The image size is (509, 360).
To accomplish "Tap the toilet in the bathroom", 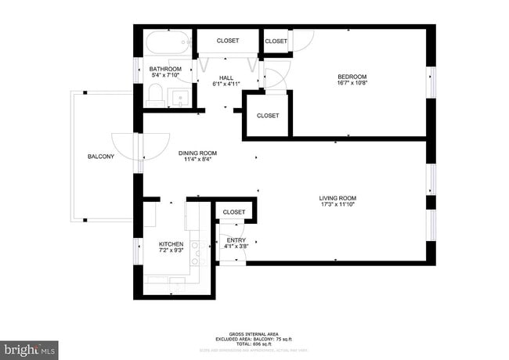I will (155, 95).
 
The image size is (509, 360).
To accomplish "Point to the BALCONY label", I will (100, 157).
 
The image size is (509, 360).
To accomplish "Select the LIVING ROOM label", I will (338, 198).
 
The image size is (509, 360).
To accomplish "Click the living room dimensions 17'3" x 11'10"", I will (338, 205).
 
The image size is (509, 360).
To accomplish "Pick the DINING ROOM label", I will (197, 153).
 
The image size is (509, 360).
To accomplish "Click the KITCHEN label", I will (171, 244).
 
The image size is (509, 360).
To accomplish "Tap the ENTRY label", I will (236, 240).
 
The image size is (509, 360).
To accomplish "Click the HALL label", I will (226, 77).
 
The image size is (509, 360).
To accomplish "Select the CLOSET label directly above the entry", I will (234, 212).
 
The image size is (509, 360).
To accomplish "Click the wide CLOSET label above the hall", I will (228, 41).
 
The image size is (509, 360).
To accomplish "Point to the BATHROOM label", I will (165, 69).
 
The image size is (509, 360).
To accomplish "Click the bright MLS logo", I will (30, 348).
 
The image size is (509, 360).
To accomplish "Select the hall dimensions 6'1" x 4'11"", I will (226, 84).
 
